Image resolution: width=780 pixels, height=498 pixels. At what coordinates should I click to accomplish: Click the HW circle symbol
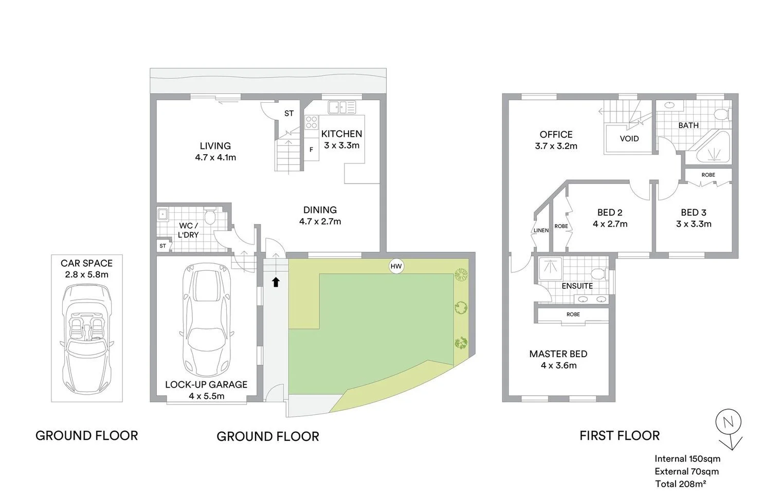click(x=396, y=266)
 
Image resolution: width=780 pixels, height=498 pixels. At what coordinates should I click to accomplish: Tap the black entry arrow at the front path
click(x=276, y=282)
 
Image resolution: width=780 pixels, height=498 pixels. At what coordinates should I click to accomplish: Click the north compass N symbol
click(x=728, y=422)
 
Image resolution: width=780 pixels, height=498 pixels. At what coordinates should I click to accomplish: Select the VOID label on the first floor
click(x=629, y=139)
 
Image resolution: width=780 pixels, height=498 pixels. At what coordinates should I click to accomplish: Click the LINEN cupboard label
click(x=541, y=231)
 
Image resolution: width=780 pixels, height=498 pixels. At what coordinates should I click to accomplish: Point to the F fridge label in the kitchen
click(x=311, y=150)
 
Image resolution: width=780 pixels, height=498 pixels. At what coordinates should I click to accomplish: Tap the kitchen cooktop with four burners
click(x=312, y=122)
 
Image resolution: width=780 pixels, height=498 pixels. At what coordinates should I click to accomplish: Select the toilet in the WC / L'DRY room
click(x=210, y=217)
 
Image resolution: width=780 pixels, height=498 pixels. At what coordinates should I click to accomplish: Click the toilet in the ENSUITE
click(x=598, y=272)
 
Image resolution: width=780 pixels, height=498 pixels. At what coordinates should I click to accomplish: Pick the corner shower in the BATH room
click(x=714, y=149)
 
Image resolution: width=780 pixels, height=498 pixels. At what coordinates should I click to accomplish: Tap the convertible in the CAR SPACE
click(x=87, y=339)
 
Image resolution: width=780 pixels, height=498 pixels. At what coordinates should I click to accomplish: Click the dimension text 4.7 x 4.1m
click(x=215, y=158)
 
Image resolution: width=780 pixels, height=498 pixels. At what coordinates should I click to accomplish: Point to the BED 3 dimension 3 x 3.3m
click(x=694, y=224)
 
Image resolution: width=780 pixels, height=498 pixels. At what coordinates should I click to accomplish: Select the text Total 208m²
click(x=680, y=484)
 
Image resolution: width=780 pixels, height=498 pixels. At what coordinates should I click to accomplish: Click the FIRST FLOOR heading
click(x=620, y=436)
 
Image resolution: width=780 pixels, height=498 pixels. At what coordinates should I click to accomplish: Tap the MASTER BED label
click(x=558, y=354)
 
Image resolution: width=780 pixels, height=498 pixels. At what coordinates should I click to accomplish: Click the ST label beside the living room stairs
click(x=289, y=114)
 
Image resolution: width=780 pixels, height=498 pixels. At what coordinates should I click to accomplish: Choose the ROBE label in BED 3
click(x=708, y=175)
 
